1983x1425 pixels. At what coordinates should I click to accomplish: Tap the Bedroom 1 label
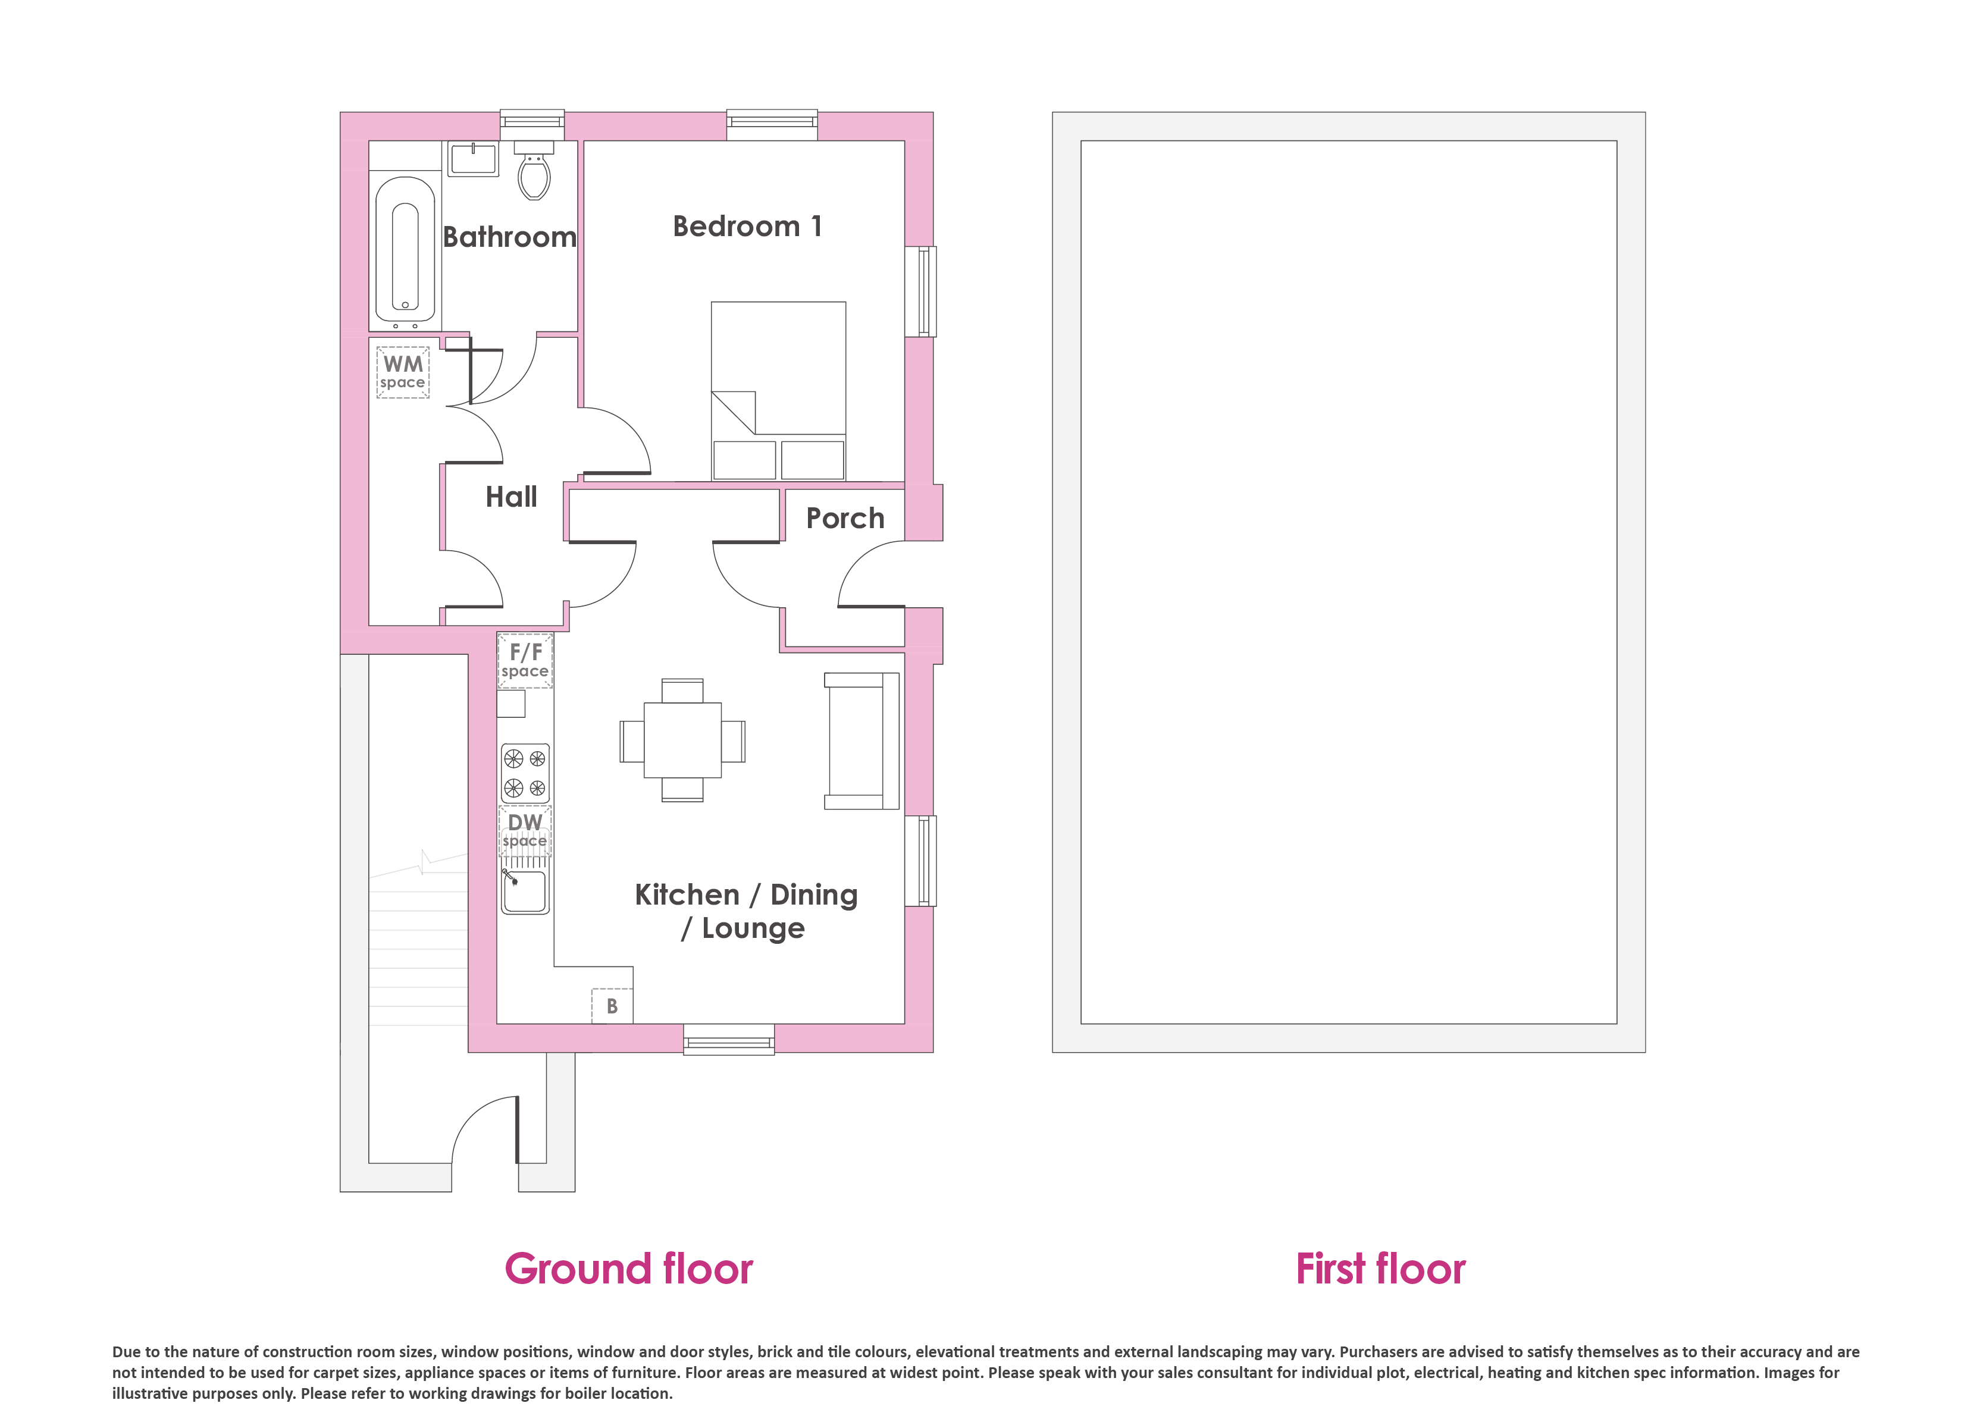[x=747, y=227]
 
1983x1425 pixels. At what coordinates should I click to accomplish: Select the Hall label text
[x=512, y=497]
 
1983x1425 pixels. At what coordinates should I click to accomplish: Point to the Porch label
[x=845, y=519]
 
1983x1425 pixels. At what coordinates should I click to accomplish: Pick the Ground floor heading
[x=629, y=1269]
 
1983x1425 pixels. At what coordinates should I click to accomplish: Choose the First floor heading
[x=1380, y=1269]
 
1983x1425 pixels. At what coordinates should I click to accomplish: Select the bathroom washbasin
[x=473, y=158]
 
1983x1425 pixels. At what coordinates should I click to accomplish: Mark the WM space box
[x=403, y=372]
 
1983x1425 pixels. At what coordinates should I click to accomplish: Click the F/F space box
[x=525, y=661]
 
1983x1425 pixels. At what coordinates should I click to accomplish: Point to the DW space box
[x=525, y=831]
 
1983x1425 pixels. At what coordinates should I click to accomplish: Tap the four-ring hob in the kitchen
[x=525, y=773]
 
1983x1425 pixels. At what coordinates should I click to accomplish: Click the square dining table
[x=683, y=740]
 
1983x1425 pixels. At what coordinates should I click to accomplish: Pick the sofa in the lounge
[x=862, y=740]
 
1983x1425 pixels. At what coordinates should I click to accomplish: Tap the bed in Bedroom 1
[x=778, y=391]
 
